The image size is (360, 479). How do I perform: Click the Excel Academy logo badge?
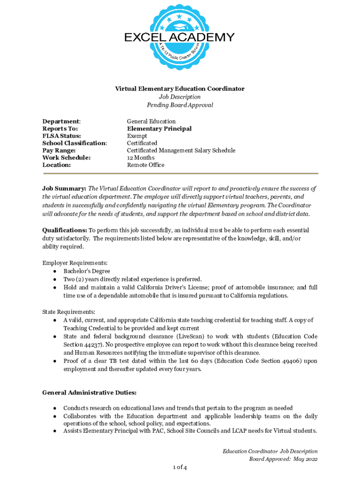tap(180, 37)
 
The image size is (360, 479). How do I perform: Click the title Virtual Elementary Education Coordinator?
tap(180, 89)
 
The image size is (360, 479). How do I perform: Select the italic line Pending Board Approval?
tap(180, 105)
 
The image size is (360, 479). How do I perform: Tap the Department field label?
tap(61, 122)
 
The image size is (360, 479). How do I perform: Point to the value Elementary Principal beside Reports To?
tap(159, 129)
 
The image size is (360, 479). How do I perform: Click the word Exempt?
tap(137, 136)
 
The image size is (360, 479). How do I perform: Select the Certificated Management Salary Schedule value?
tap(181, 151)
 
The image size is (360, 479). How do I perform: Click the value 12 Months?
tap(141, 158)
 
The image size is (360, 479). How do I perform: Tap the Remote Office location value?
tap(145, 165)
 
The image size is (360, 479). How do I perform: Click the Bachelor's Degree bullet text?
tap(87, 271)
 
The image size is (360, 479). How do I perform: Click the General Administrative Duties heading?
tap(89, 392)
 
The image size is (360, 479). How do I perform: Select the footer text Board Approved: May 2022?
tap(283, 459)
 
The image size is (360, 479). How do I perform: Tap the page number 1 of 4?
tap(180, 467)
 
